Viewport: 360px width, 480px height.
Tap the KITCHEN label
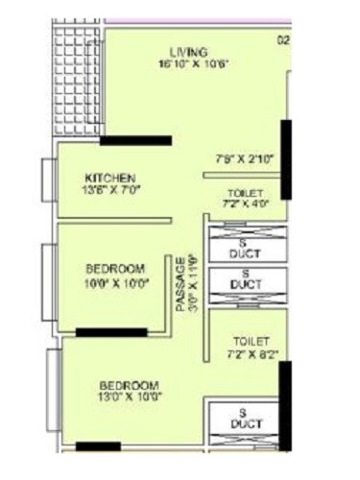coord(110,179)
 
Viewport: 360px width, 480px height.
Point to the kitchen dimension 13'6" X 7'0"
coord(111,191)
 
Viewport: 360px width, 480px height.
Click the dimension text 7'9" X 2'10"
coord(245,158)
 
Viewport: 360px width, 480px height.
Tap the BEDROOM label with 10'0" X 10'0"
coord(115,268)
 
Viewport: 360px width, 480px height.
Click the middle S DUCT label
coord(247,279)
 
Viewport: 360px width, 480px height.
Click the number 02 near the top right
coord(283,39)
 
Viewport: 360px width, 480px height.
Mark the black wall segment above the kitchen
coord(135,140)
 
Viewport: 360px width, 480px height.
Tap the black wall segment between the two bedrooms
coord(111,332)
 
